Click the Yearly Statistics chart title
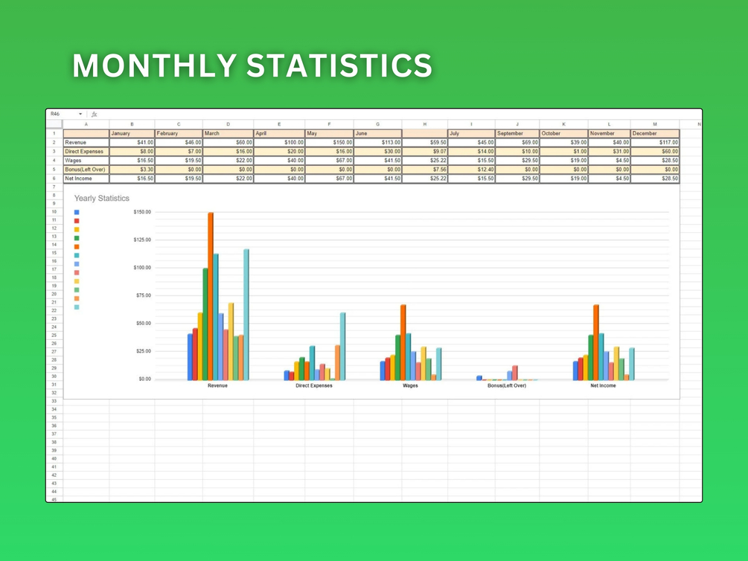[101, 199]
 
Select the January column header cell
[131, 134]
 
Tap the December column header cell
[654, 134]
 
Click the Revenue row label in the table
[86, 143]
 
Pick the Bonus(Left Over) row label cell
[86, 170]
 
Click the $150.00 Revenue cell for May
[329, 143]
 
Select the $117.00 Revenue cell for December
[654, 143]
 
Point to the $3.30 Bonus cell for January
[132, 170]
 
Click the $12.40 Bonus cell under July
[471, 170]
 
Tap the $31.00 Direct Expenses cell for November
[609, 152]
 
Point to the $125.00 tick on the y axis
[142, 240]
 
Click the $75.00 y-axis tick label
[142, 295]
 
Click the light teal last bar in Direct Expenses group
[342, 346]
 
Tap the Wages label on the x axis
[410, 385]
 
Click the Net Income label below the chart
[603, 385]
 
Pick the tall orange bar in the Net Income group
[596, 342]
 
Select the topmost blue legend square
[77, 213]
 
